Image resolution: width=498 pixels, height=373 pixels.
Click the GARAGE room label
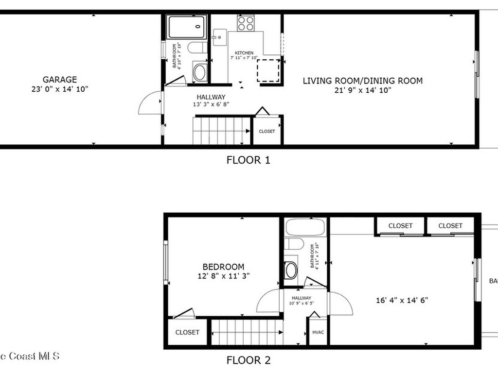coord(60,80)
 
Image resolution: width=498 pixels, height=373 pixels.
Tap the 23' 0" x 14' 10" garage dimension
coord(60,89)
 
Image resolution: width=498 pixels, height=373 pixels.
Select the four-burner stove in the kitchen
coord(246,23)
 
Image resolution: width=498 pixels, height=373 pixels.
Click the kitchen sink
coord(219,37)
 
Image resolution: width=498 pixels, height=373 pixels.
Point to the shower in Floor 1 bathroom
coord(187,27)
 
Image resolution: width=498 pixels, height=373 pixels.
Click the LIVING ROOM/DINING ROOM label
coord(363,81)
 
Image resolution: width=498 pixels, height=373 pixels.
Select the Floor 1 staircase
coord(221,130)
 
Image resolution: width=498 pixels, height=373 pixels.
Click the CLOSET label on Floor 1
coord(267,131)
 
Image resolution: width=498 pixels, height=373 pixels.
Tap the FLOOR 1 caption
coord(248,160)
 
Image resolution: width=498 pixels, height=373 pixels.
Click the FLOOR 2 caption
coord(248,360)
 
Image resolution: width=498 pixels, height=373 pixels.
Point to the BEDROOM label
coord(223,267)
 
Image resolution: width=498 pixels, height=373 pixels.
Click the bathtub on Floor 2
coord(305,227)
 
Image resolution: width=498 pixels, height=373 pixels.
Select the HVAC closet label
coord(318,332)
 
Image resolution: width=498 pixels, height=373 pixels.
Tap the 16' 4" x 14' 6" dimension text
coord(402,300)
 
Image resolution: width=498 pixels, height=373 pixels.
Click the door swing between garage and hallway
coord(150,102)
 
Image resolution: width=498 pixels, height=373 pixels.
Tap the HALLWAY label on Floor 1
coord(211,97)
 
